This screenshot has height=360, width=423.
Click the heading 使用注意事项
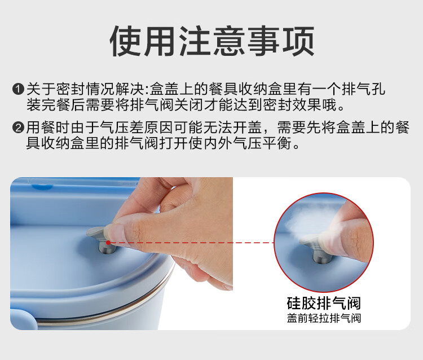click(211, 41)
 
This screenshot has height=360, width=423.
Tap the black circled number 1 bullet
click(19, 89)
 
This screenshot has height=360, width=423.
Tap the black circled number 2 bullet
click(19, 127)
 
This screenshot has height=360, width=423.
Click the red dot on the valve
click(108, 243)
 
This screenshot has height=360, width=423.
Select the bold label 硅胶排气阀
click(324, 303)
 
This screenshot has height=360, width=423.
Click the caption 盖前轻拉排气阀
click(324, 318)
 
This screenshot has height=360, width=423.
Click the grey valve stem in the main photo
click(107, 248)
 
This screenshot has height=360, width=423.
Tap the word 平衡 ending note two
click(277, 143)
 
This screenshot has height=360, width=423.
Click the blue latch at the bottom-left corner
click(23, 320)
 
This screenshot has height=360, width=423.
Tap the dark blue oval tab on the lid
click(42, 186)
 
